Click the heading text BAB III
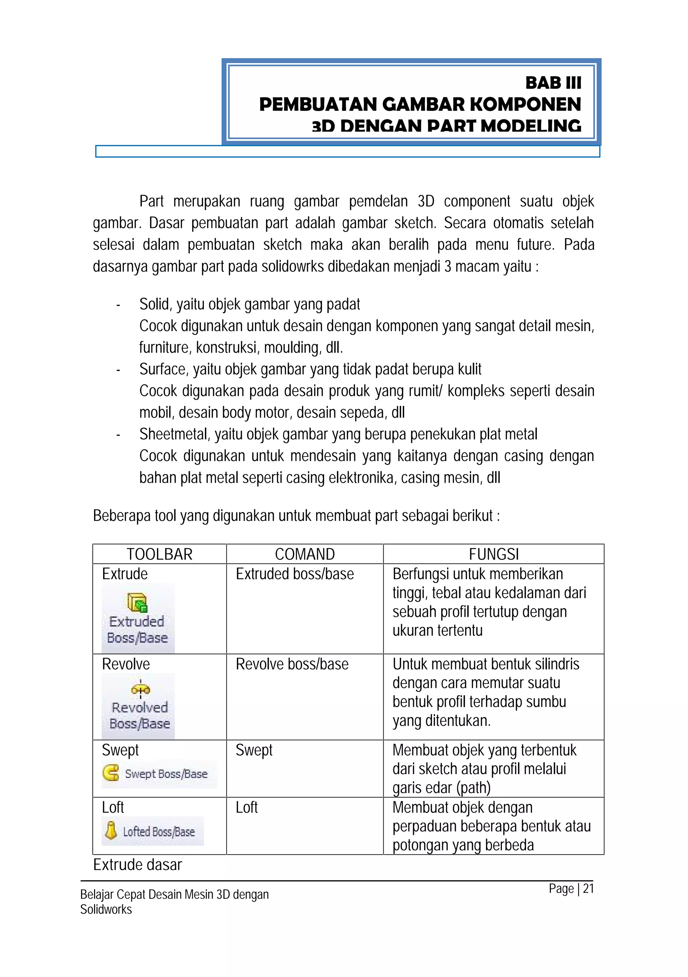(x=553, y=83)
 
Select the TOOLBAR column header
(x=160, y=554)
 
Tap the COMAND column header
(x=304, y=554)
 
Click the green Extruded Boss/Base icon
(x=137, y=603)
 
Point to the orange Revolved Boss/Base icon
(x=140, y=689)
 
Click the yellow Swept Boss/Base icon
(x=111, y=772)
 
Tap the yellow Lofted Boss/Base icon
(x=111, y=830)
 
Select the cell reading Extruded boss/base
(x=295, y=574)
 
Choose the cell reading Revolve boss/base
(x=292, y=664)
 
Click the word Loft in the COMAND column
(x=247, y=807)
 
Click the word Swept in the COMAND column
(x=254, y=750)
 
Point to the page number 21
(x=588, y=889)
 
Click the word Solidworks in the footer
(x=106, y=909)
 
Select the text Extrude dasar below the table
(x=137, y=865)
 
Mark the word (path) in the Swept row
(x=473, y=788)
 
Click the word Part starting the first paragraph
(x=152, y=201)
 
